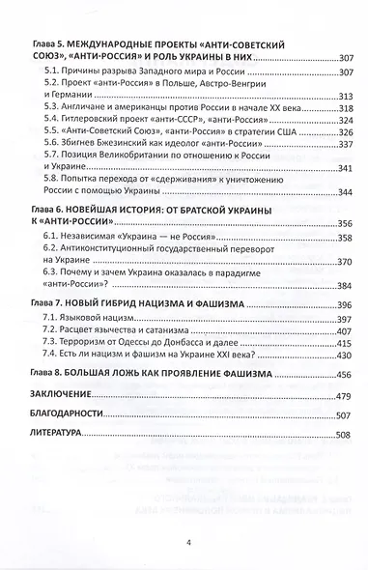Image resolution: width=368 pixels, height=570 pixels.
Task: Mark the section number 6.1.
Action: click(69, 236)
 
